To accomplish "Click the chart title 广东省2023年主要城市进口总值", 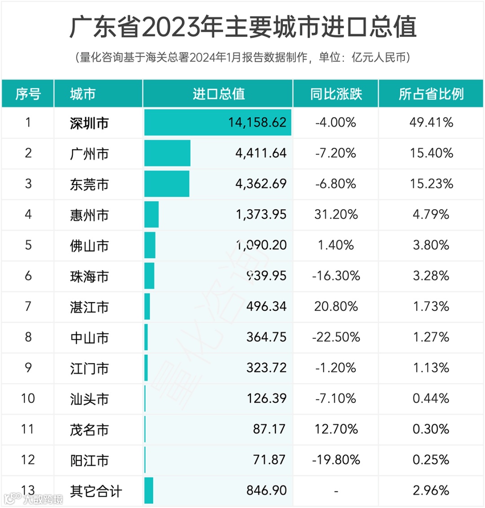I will [x=242, y=27].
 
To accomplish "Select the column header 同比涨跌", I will [x=335, y=94].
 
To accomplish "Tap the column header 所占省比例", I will [x=431, y=94].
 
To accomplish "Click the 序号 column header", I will [x=28, y=94].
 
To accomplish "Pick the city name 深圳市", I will [x=89, y=123].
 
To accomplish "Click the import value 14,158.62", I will [x=257, y=123].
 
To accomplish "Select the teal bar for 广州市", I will [x=167, y=153].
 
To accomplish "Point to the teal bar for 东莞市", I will [x=167, y=184].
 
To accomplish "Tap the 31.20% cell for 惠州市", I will [x=335, y=215].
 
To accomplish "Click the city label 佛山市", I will [x=89, y=245].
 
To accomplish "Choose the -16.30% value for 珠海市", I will [x=335, y=276].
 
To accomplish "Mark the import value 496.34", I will [x=266, y=306].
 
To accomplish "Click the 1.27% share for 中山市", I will [x=431, y=337].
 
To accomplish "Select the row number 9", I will [x=28, y=368].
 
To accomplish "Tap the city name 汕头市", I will [x=89, y=399].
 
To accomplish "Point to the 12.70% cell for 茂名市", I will [x=335, y=429].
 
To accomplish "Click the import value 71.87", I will [x=269, y=460].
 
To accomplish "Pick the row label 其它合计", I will [x=96, y=490].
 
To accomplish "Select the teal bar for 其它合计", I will [x=149, y=490].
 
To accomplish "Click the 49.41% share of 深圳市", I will [x=431, y=123].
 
